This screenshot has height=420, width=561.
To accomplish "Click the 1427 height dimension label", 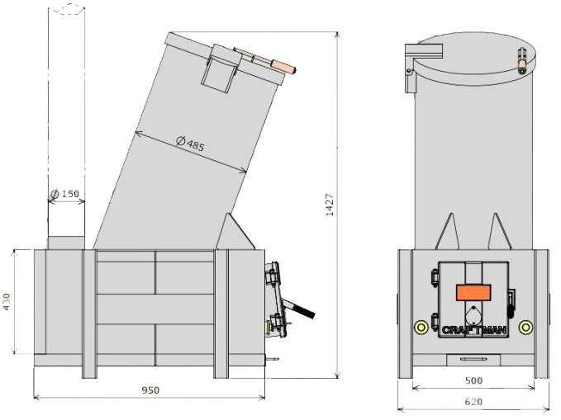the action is [x=330, y=205].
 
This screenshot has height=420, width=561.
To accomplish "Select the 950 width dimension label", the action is [x=150, y=390].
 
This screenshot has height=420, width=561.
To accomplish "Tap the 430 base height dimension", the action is [x=7, y=302].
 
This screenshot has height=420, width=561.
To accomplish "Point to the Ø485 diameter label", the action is [x=191, y=144].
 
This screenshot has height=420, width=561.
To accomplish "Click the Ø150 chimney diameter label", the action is [x=64, y=194].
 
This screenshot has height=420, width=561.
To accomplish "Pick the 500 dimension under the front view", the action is [x=473, y=380].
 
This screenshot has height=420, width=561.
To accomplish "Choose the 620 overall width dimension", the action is [x=473, y=402].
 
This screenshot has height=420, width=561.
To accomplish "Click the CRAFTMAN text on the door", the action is [x=474, y=330].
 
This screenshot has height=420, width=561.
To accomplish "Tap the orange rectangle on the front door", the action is [x=473, y=292].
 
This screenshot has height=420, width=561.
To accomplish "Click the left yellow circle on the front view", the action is [x=421, y=327].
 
